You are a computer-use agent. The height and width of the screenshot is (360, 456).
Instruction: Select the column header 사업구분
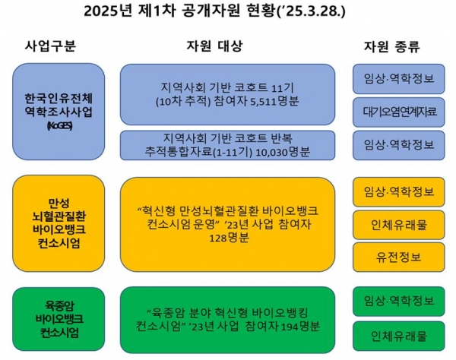click(50, 46)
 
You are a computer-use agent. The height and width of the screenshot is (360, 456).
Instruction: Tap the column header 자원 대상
click(214, 46)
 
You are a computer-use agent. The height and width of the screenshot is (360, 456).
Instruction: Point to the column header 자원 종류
click(391, 46)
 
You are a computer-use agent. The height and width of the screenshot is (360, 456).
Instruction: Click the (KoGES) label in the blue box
click(59, 126)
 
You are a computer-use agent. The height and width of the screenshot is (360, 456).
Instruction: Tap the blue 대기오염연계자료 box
click(399, 112)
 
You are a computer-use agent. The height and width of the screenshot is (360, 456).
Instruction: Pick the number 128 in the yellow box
click(218, 238)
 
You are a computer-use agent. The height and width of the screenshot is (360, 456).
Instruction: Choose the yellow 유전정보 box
click(399, 257)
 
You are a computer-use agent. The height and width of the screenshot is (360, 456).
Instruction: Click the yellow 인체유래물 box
click(399, 225)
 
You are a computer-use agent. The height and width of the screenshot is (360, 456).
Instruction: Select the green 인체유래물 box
click(399, 336)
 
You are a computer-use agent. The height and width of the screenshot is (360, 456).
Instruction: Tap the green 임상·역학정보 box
click(399, 302)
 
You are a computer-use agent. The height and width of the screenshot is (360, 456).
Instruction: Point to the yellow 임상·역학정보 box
click(399, 191)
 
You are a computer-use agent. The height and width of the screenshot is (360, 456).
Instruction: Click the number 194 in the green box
click(290, 327)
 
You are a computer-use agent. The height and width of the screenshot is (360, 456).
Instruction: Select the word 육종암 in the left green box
click(59, 305)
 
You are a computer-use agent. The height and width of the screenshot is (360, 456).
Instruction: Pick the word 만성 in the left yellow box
click(59, 203)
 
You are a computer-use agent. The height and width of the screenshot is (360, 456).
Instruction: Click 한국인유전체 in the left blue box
click(59, 99)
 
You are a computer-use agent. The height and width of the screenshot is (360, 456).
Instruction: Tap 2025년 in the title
click(108, 11)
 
